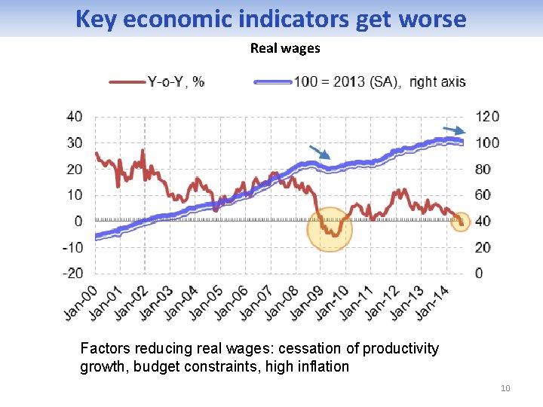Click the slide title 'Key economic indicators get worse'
click(271, 19)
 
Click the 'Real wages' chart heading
click(285, 48)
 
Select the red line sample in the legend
click(127, 82)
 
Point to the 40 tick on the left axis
click(75, 117)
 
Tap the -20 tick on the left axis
click(73, 274)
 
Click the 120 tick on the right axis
click(487, 117)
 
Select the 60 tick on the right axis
click(483, 195)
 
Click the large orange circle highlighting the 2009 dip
click(330, 228)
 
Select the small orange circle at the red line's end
click(461, 222)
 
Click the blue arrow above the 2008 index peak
click(319, 152)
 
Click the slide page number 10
click(505, 388)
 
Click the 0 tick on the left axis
click(78, 222)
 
